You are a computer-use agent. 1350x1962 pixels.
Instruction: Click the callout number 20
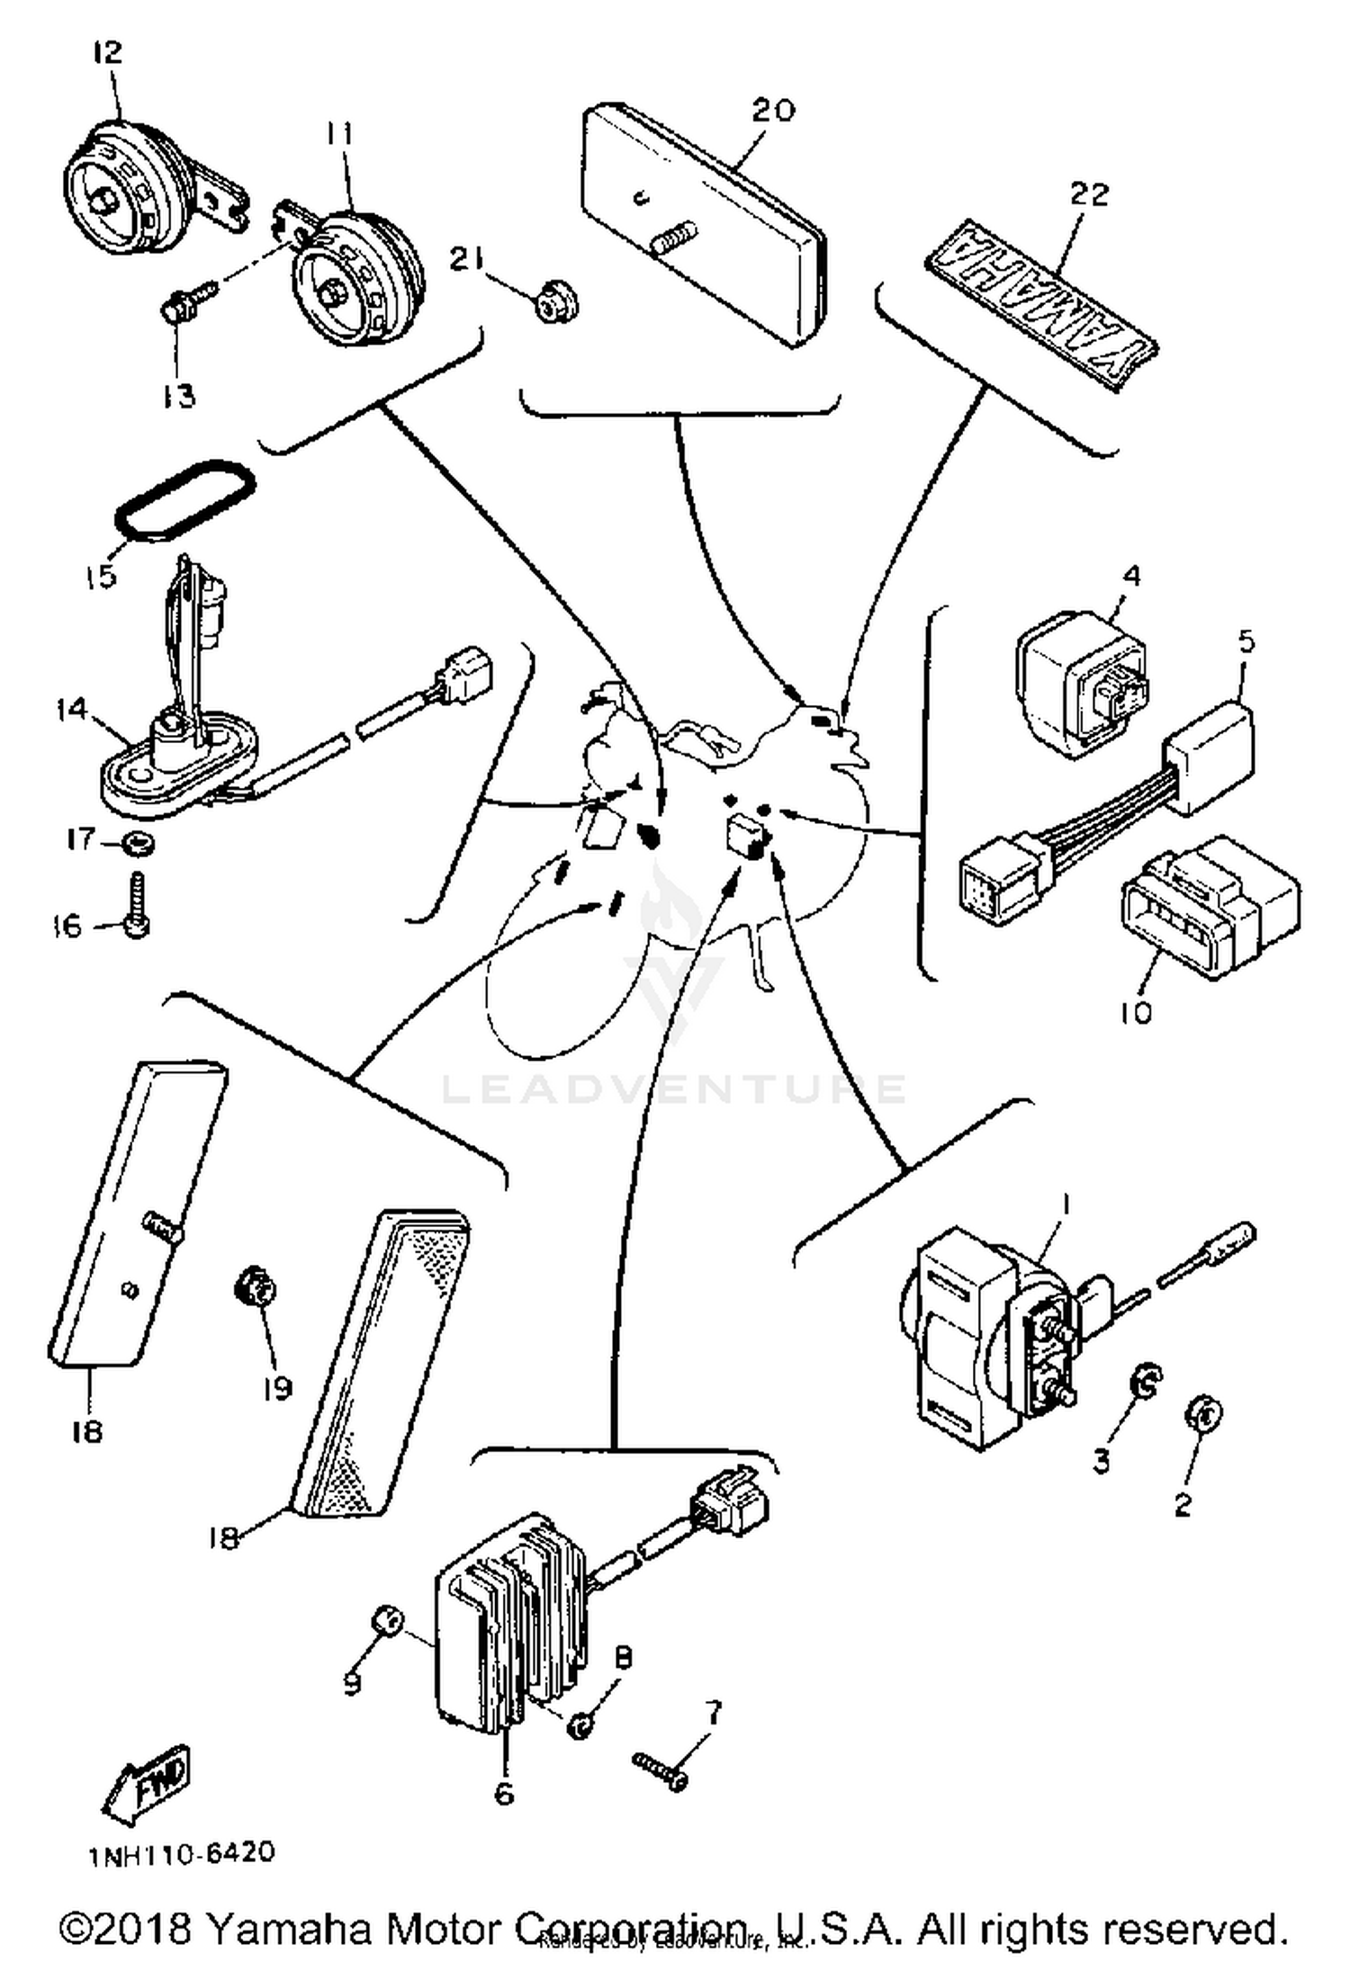[774, 110]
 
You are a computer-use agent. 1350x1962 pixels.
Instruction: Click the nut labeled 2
[1204, 1413]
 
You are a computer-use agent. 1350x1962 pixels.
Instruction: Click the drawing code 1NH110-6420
[180, 1854]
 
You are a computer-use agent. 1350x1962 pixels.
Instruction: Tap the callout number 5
[1246, 641]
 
